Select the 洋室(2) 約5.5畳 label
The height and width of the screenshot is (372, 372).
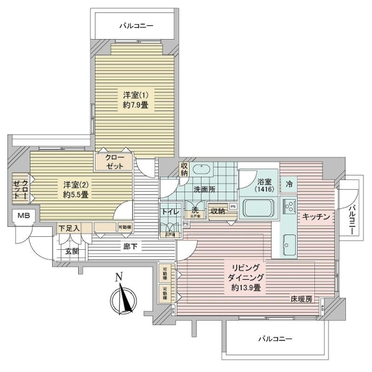74,189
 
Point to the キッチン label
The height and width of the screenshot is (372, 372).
316,216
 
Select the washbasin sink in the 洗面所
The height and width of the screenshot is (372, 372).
201,170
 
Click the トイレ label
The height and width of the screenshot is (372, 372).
170,212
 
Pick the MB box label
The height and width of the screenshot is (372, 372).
23,216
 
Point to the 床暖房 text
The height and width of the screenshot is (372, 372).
301,299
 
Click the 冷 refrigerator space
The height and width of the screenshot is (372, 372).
289,184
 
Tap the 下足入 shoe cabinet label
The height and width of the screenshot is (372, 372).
69,229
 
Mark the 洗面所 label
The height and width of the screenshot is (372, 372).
202,189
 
